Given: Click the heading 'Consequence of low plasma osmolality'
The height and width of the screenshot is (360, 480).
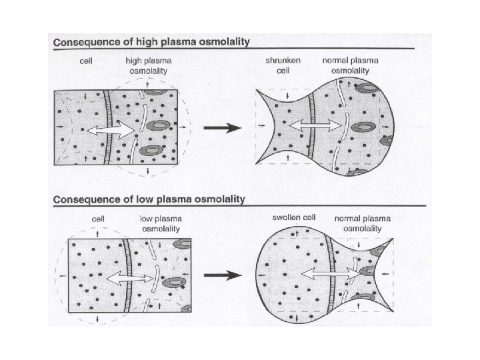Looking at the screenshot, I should [149, 199].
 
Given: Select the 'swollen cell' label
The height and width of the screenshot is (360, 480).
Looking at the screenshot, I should [293, 218].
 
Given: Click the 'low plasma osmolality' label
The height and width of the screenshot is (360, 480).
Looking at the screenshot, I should [161, 223].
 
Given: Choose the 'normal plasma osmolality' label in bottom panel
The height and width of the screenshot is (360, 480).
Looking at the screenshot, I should [363, 223].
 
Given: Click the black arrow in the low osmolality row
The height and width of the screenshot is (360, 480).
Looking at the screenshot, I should [223, 273].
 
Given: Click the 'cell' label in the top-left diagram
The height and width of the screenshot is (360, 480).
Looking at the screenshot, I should [85, 61].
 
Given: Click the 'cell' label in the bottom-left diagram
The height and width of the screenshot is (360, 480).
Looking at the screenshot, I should [98, 219].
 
